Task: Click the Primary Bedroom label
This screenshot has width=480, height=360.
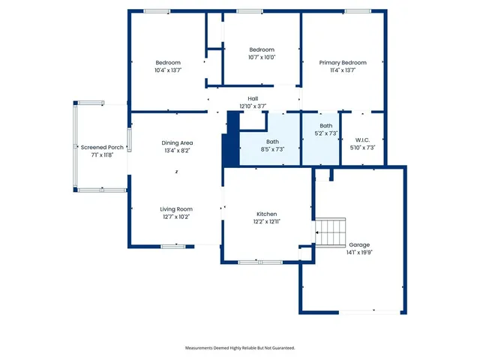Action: (x=343, y=62)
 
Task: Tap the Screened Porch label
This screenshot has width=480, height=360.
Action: (x=102, y=148)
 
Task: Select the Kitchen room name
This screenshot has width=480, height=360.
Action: (x=266, y=214)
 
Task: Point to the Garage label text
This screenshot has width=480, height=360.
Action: (x=359, y=245)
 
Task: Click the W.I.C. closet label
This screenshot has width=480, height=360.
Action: (x=362, y=139)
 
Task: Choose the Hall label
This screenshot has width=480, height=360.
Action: (x=253, y=98)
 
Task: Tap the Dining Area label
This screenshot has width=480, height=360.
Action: (x=177, y=142)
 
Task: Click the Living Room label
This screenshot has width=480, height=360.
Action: (x=176, y=209)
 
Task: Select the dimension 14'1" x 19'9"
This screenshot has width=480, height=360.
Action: (x=359, y=253)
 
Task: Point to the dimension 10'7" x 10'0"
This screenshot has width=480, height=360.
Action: (x=262, y=57)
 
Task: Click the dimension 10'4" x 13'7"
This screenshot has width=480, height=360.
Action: (x=168, y=70)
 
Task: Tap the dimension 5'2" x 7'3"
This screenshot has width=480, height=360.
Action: (x=325, y=133)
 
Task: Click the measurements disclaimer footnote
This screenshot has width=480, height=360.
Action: (x=240, y=348)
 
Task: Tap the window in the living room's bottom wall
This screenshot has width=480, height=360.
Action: (x=173, y=246)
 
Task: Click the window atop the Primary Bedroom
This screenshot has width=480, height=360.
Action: (x=355, y=10)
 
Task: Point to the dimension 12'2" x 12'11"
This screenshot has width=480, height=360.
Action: (x=266, y=222)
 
